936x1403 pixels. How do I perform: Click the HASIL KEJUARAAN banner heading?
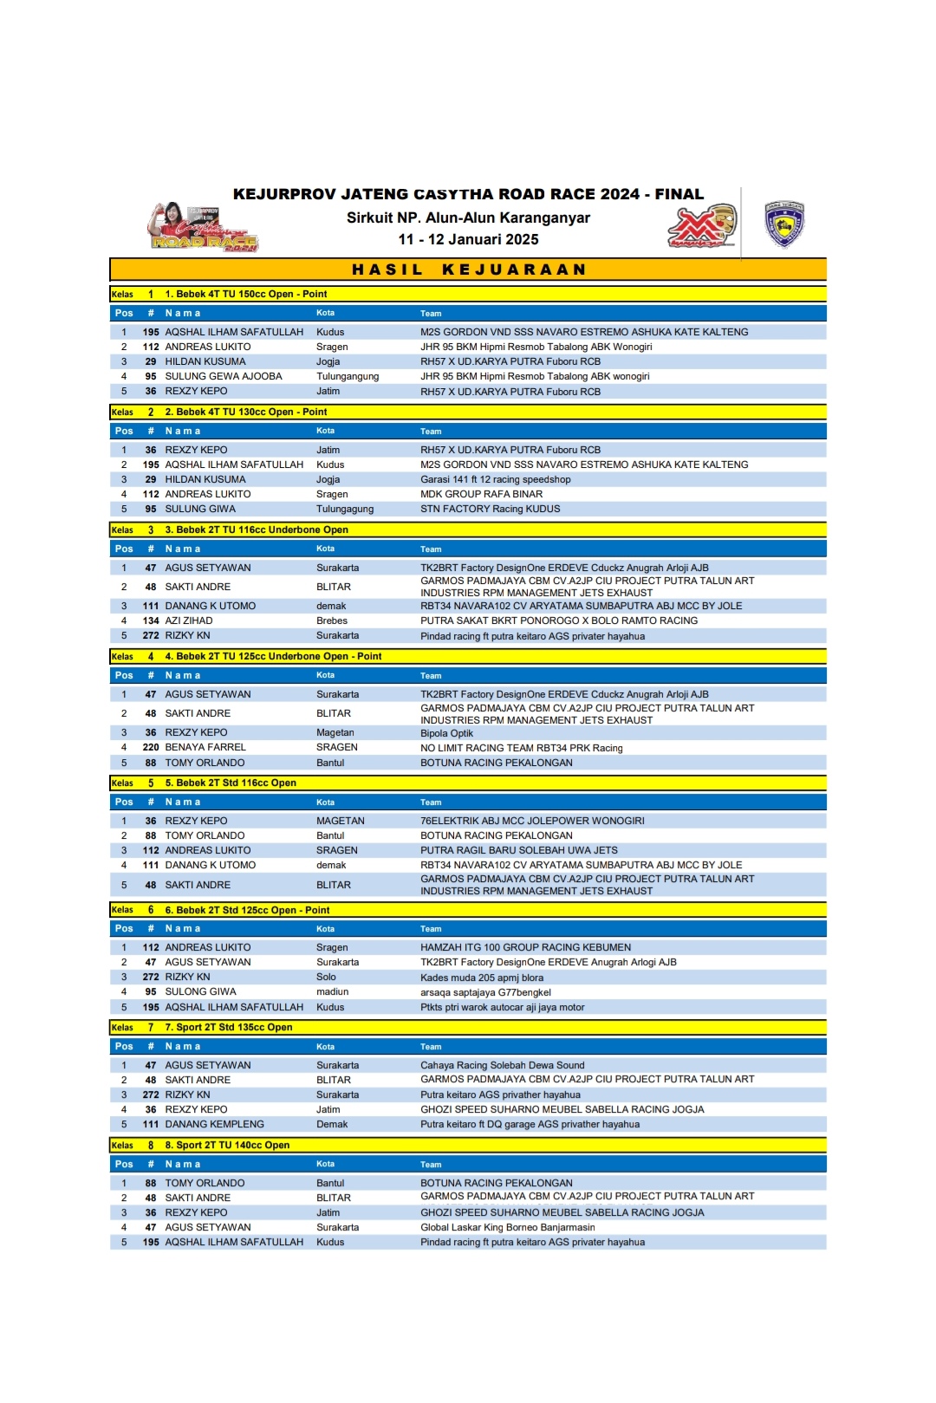[468, 270]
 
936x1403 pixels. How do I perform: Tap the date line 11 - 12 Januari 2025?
[468, 239]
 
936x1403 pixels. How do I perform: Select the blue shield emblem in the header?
[784, 224]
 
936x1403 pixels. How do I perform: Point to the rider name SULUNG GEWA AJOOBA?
[224, 376]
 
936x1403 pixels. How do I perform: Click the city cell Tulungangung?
[348, 376]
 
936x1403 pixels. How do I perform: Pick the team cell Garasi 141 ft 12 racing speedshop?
[496, 479]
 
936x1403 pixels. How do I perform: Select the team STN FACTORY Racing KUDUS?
[491, 509]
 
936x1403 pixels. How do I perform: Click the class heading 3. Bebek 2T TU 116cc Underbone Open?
[257, 529]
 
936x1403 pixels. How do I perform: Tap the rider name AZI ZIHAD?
[189, 620]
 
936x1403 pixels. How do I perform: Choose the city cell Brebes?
[332, 620]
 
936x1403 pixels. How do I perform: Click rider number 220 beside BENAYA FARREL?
[151, 747]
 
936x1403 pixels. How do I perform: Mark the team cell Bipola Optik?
[447, 733]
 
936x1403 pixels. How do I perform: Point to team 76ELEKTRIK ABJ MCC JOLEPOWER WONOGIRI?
[532, 821]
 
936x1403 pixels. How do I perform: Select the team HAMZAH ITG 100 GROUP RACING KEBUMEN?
[526, 947]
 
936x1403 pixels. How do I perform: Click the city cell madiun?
[333, 991]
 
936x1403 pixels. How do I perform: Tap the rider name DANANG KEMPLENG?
[214, 1124]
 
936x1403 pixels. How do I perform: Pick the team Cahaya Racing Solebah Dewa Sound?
[503, 1065]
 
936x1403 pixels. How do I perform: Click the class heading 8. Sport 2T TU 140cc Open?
[227, 1145]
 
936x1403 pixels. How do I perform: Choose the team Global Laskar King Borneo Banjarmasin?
[508, 1227]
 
